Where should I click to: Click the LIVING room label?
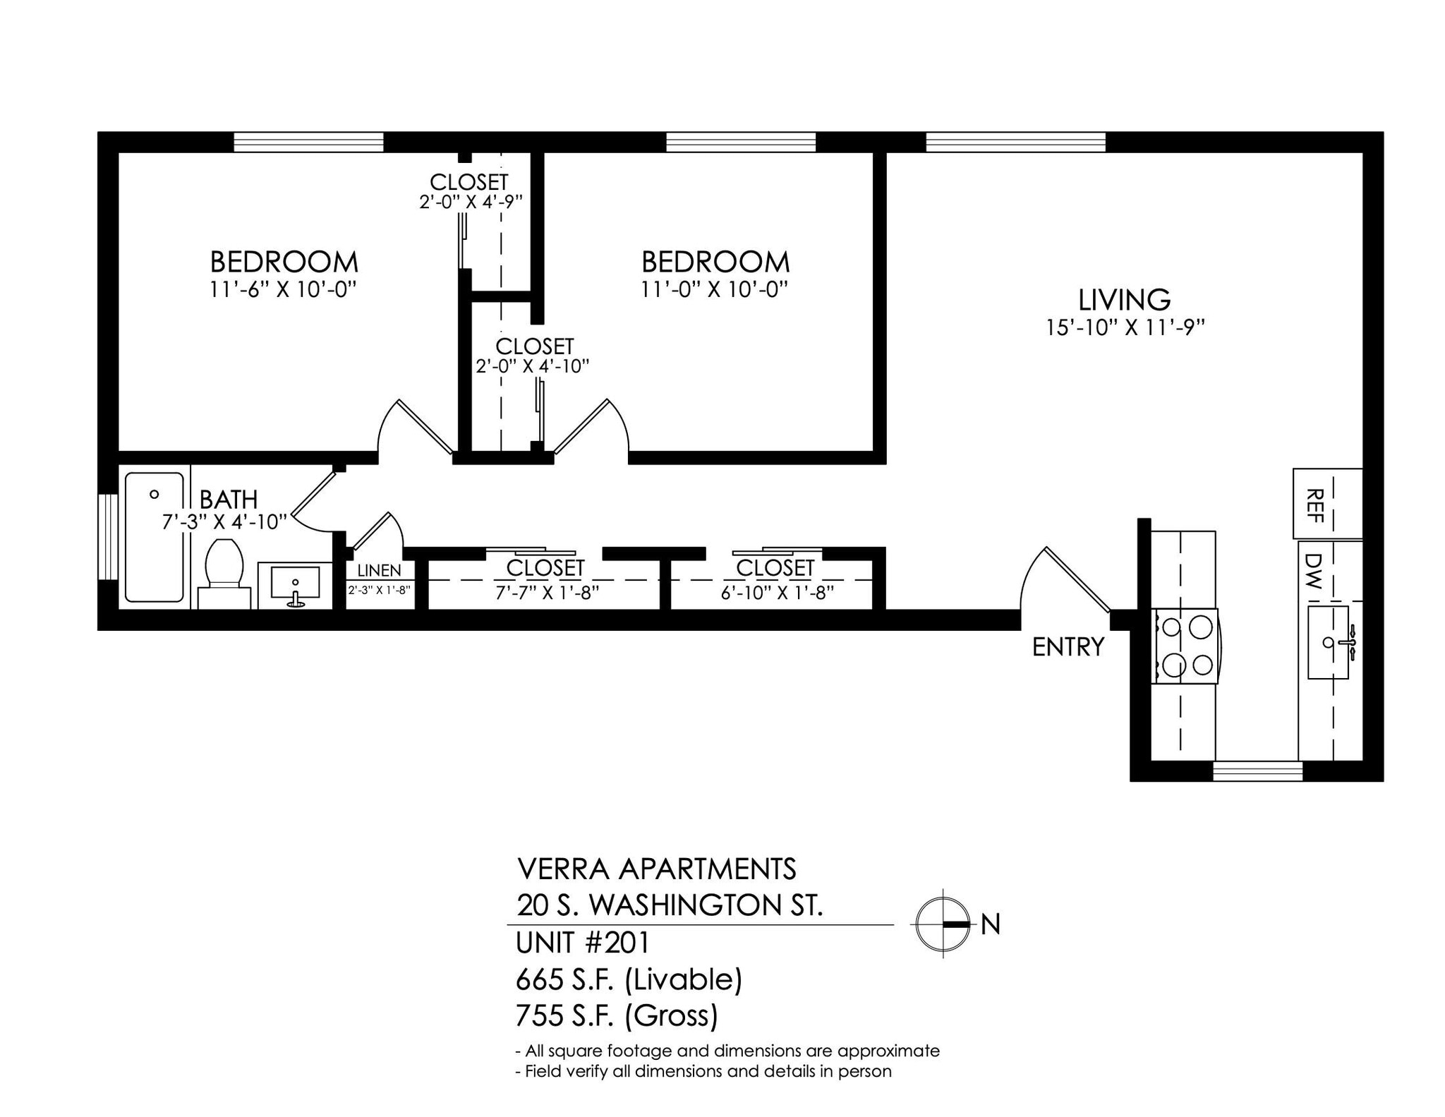[x=1124, y=299]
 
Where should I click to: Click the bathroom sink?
[x=295, y=584]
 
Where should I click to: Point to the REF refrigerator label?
[x=1314, y=505]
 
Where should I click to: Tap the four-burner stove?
[x=1186, y=646]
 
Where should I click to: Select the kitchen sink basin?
[x=1328, y=642]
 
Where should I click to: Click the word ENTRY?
[x=1068, y=647]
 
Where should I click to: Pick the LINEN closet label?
[x=379, y=570]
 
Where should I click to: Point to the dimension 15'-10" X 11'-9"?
[x=1124, y=327]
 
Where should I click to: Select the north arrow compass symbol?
[x=943, y=924]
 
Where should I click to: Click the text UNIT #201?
[x=583, y=943]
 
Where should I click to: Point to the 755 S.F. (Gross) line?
[x=617, y=1015]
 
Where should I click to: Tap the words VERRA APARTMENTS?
[x=656, y=869]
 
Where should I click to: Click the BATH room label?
[x=228, y=500]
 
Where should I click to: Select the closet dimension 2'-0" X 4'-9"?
[x=471, y=202]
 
